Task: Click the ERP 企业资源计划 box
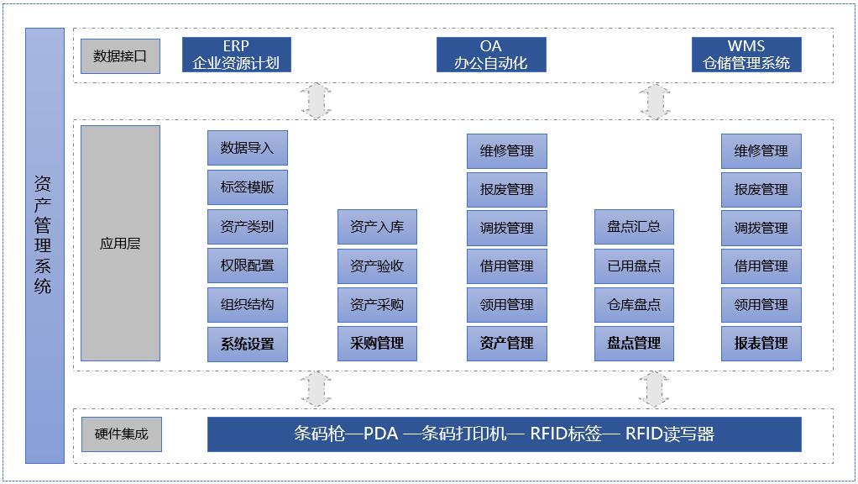pyautogui.click(x=236, y=55)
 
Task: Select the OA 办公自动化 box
pyautogui.click(x=491, y=55)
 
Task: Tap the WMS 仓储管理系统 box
pyautogui.click(x=746, y=55)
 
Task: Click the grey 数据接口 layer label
pyautogui.click(x=120, y=56)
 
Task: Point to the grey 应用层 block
pyautogui.click(x=120, y=244)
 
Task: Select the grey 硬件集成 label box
pyautogui.click(x=121, y=434)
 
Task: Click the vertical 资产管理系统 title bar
pyautogui.click(x=44, y=245)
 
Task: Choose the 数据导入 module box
pyautogui.click(x=248, y=148)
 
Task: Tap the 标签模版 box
pyautogui.click(x=248, y=187)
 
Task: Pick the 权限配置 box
pyautogui.click(x=248, y=266)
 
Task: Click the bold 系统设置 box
pyautogui.click(x=248, y=344)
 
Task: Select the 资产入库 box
pyautogui.click(x=377, y=227)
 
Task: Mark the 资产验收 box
pyautogui.click(x=377, y=266)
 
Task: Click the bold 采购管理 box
pyautogui.click(x=377, y=344)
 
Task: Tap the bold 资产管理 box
pyautogui.click(x=507, y=344)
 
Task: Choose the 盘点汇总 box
pyautogui.click(x=634, y=227)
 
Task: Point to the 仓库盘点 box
pyautogui.click(x=634, y=305)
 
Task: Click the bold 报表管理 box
pyautogui.click(x=761, y=344)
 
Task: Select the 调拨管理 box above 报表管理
pyautogui.click(x=761, y=228)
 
